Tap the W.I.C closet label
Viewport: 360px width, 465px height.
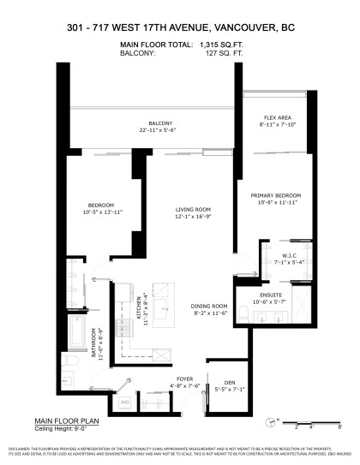point(284,255)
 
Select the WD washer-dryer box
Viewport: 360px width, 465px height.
point(124,401)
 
